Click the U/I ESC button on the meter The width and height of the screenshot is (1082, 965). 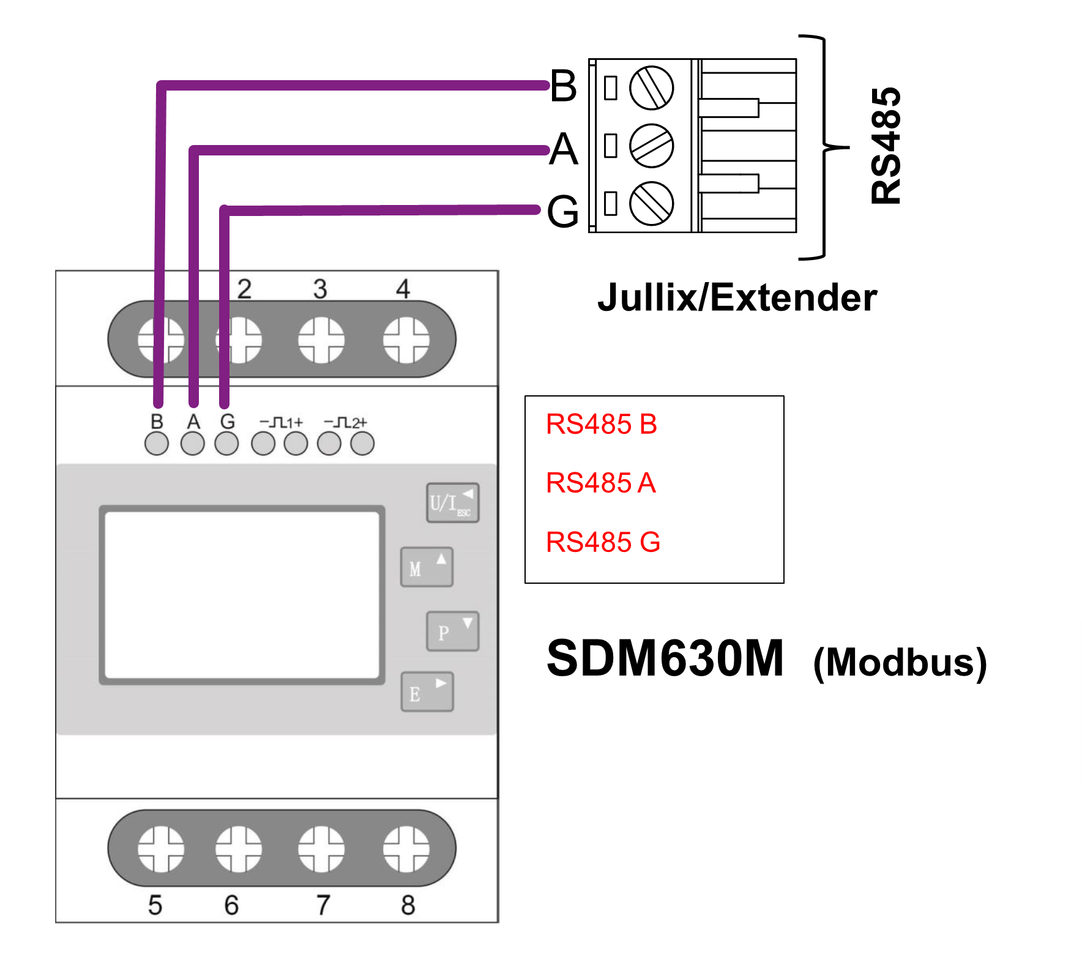click(x=452, y=503)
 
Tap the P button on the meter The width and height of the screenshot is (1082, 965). click(x=452, y=632)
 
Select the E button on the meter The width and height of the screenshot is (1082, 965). click(x=427, y=692)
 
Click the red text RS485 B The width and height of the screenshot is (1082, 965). click(x=601, y=424)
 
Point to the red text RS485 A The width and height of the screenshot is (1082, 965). click(x=600, y=483)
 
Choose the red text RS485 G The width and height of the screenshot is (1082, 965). click(x=603, y=542)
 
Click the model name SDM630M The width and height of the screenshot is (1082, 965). click(x=665, y=658)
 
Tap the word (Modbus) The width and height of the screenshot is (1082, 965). click(x=900, y=662)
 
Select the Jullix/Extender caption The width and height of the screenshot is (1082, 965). click(x=737, y=298)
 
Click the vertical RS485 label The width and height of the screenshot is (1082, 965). click(x=886, y=146)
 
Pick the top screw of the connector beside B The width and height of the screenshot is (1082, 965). click(x=651, y=88)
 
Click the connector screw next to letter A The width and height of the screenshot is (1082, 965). click(x=651, y=146)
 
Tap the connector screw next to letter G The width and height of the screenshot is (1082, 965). click(x=651, y=203)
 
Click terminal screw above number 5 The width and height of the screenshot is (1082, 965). click(x=160, y=849)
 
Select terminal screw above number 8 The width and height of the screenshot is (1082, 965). click(x=406, y=849)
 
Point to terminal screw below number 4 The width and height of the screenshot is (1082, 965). click(x=406, y=340)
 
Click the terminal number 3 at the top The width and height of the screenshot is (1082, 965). click(x=320, y=289)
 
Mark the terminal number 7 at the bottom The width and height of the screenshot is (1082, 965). click(x=323, y=904)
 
